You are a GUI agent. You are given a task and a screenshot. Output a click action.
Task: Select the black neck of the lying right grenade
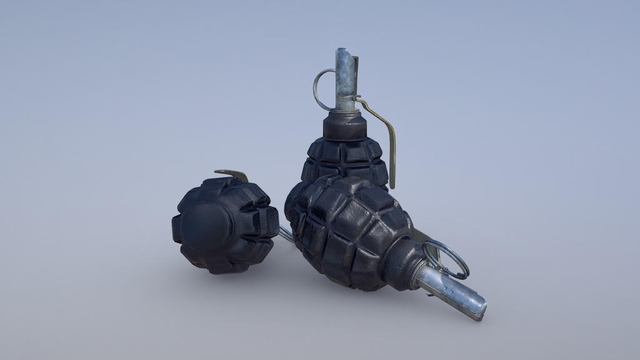pyautogui.click(x=403, y=262)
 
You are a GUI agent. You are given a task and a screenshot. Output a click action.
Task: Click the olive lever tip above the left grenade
pyautogui.click(x=231, y=173)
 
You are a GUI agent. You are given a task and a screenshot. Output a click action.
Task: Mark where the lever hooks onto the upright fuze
pyautogui.click(x=358, y=98)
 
